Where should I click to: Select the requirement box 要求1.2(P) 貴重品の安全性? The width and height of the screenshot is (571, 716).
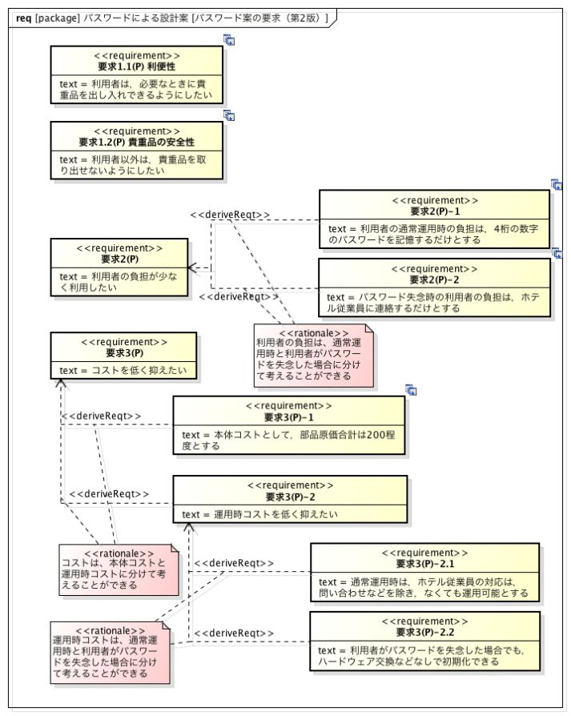pos(136,151)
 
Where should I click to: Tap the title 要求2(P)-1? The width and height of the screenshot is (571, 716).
pos(435,211)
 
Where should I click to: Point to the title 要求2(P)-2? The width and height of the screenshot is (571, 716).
pos(435,280)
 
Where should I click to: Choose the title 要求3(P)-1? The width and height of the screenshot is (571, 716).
pos(288,417)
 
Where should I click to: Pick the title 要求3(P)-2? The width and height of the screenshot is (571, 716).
pos(290,497)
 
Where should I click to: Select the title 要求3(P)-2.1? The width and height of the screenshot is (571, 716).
pos(424,564)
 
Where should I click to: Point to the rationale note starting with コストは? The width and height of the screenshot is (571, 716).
pos(119,570)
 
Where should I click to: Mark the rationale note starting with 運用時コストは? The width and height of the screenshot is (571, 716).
pos(111,652)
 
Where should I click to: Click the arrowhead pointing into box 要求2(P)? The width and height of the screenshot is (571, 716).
pos(192,268)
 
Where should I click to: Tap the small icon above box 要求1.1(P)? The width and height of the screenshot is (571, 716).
pos(229,40)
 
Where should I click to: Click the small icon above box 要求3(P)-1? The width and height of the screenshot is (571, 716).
pos(412,390)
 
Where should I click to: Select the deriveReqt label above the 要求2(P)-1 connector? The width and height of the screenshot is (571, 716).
pos(230,215)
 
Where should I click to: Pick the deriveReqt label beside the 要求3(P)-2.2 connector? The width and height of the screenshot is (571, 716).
pos(234,633)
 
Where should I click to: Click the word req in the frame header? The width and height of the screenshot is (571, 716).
pos(24,18)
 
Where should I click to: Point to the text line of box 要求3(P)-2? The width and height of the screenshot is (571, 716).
pos(259,514)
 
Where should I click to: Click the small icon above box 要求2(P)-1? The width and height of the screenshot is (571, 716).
pos(557,184)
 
